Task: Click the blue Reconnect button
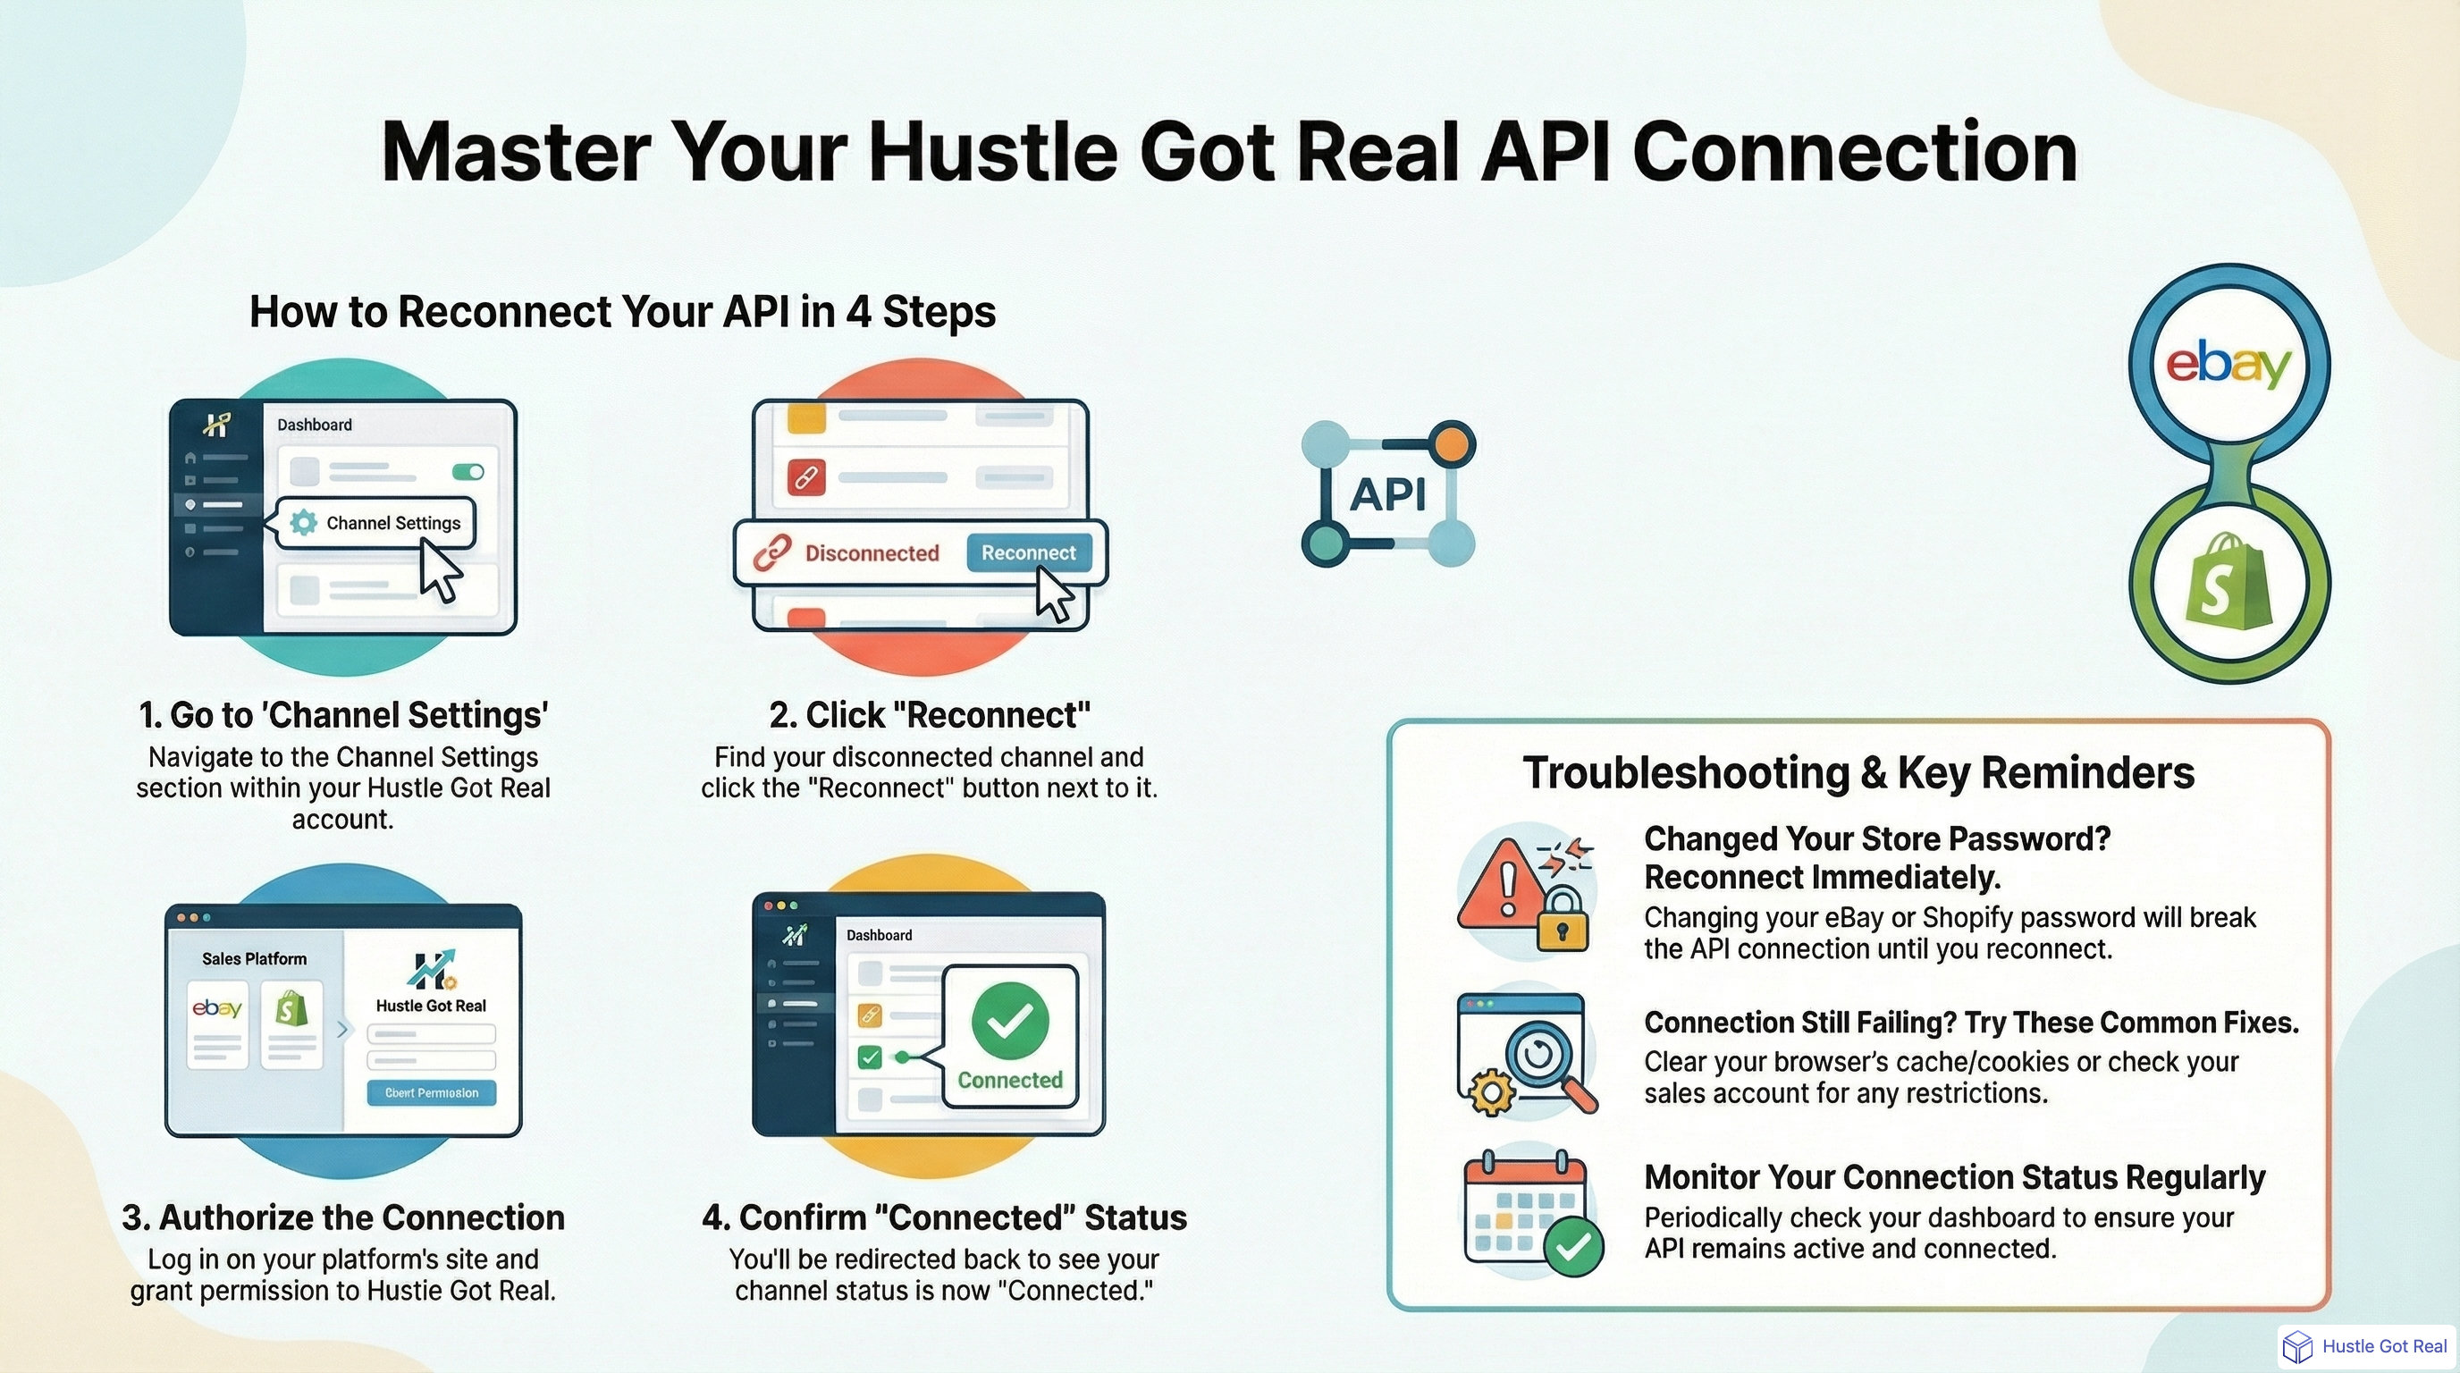[x=1029, y=552]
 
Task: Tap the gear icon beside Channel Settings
[x=304, y=522]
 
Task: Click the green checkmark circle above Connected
[x=1009, y=1021]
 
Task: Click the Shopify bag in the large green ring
[x=2228, y=582]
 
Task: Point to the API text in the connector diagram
[x=1387, y=494]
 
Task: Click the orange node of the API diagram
[x=1451, y=444]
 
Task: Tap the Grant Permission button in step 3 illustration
[x=432, y=1092]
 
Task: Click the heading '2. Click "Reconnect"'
[x=929, y=714]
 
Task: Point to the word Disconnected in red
[x=871, y=552]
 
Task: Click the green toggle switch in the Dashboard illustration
[x=468, y=472]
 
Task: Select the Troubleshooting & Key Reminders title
[x=1858, y=772]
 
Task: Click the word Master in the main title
[x=516, y=153]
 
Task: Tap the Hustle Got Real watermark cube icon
[x=2296, y=1346]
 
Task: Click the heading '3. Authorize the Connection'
[x=343, y=1217]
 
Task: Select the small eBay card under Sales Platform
[x=218, y=1023]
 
